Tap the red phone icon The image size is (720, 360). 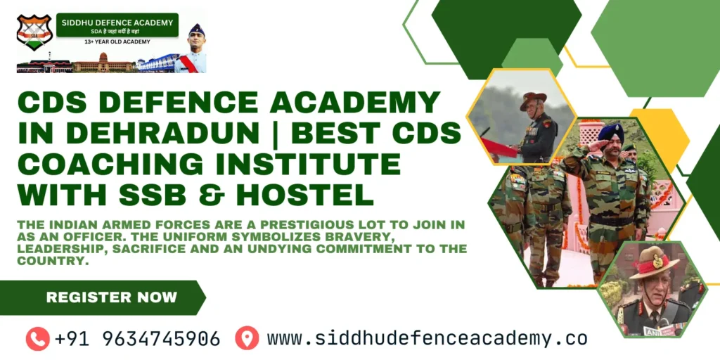click(37, 339)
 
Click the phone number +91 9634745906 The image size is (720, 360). click(137, 339)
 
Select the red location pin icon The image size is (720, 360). click(247, 338)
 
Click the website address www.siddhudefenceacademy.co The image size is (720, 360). click(427, 339)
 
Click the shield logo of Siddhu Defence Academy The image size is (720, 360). click(34, 32)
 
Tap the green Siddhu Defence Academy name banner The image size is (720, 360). click(117, 25)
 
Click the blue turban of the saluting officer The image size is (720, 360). click(609, 132)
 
